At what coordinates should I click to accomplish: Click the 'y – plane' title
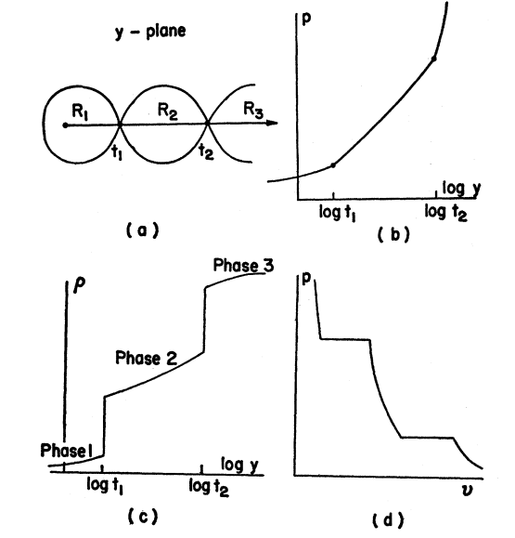150,32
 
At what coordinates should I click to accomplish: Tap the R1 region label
80,112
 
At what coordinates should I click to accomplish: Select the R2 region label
168,112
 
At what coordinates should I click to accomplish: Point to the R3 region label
253,110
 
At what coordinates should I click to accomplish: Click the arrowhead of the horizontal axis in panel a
273,123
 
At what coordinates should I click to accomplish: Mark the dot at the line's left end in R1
65,125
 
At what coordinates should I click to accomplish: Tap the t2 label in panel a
206,151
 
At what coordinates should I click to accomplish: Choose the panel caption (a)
143,230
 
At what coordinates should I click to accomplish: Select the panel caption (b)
393,235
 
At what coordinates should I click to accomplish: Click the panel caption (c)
143,516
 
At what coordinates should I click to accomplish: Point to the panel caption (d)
388,519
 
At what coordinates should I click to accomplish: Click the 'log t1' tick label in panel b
337,213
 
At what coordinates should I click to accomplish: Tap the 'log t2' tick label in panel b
445,212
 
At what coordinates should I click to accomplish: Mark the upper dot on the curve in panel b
433,59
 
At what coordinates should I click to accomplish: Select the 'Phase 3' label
244,265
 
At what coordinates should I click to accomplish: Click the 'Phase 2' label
147,359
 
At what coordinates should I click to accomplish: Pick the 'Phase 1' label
67,451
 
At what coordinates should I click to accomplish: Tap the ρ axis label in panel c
80,286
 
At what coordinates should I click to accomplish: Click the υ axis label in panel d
467,489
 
